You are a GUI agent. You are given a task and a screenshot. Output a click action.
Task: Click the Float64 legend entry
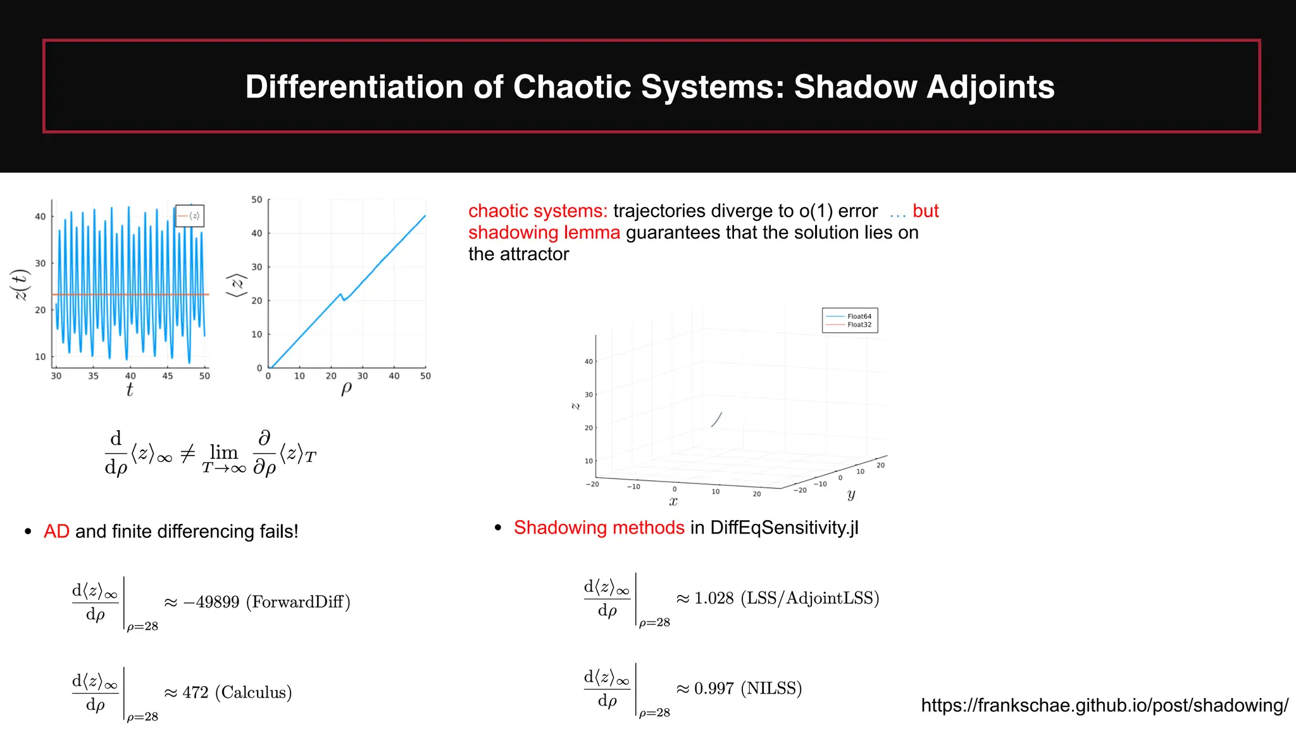(x=859, y=316)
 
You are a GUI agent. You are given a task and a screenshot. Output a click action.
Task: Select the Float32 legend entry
(x=859, y=325)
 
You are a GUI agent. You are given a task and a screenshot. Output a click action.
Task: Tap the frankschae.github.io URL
(x=1104, y=706)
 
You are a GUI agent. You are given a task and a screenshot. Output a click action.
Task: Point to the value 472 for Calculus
(x=195, y=692)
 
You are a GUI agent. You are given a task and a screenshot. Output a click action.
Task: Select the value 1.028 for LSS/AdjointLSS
(x=714, y=598)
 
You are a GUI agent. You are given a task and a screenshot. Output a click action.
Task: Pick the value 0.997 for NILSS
(x=714, y=688)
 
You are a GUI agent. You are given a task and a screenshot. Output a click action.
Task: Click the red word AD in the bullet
(x=56, y=532)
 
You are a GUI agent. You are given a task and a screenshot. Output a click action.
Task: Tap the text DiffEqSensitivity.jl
(x=784, y=528)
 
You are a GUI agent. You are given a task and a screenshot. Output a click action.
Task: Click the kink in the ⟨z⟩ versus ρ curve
(x=342, y=296)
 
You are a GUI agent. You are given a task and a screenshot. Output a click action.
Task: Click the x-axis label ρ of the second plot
(x=346, y=388)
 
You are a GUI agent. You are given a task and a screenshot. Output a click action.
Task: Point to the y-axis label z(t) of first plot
(x=20, y=285)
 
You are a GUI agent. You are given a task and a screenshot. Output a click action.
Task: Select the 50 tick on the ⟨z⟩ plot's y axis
(x=256, y=200)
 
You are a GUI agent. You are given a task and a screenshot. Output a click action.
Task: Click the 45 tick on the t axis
(x=167, y=376)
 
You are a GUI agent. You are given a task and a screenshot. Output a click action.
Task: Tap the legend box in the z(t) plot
(x=189, y=216)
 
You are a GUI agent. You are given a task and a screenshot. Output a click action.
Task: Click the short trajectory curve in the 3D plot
(x=717, y=419)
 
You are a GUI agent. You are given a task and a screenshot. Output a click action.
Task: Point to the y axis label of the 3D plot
(x=851, y=494)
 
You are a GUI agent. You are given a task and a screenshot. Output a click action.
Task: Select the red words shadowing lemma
(x=544, y=233)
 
